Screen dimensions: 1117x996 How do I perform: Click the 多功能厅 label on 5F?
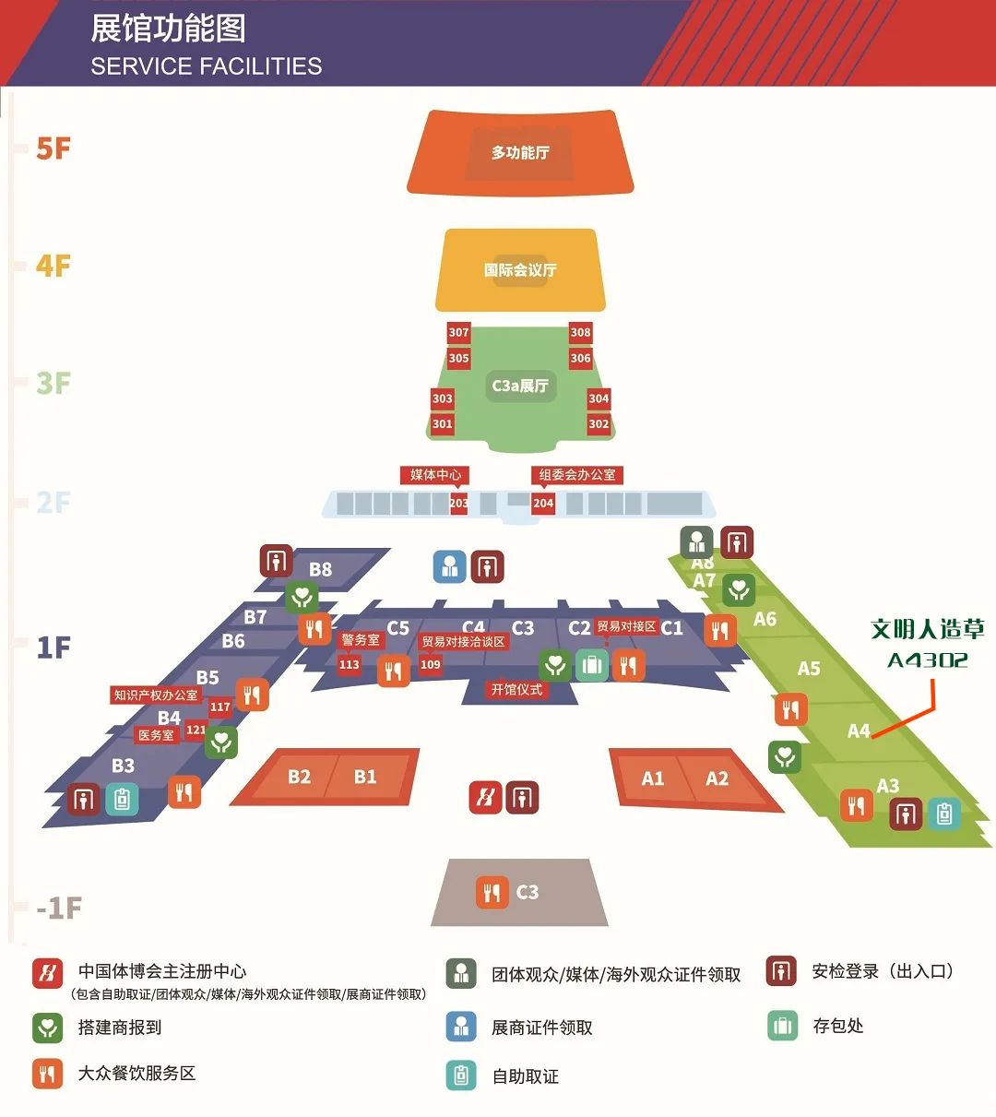point(520,152)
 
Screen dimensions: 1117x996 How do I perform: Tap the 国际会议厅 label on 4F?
point(520,270)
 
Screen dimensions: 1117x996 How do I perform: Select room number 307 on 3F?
point(458,332)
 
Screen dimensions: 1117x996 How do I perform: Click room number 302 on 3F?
point(599,424)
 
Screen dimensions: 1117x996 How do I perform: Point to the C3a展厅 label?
point(520,386)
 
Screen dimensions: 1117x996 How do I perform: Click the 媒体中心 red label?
point(435,475)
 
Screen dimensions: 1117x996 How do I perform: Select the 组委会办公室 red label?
point(577,475)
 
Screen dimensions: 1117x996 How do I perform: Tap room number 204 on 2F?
point(543,503)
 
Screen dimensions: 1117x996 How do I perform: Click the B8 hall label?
point(320,569)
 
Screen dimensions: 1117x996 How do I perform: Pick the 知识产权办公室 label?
point(156,695)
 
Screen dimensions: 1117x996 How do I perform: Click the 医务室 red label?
point(156,735)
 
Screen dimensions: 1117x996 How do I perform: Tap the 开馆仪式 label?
point(516,689)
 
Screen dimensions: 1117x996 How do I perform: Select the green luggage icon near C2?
point(592,664)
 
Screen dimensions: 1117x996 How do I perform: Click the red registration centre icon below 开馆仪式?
point(485,798)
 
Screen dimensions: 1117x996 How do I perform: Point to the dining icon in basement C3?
point(492,892)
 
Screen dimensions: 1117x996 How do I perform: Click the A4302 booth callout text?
point(927,660)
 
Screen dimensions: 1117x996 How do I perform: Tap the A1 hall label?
point(653,778)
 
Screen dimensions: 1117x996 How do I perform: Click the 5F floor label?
point(53,149)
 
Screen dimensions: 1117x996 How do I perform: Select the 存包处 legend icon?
point(782,1026)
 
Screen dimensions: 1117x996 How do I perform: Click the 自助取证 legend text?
point(526,1076)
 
